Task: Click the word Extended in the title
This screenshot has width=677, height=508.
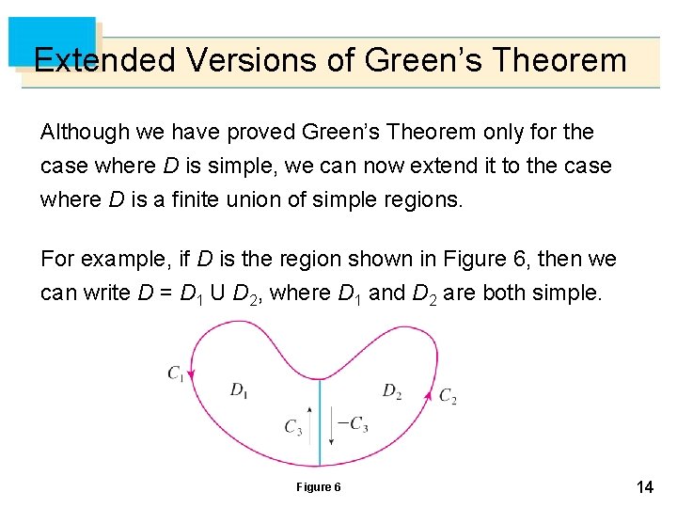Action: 103,60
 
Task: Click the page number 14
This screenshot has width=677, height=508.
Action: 645,487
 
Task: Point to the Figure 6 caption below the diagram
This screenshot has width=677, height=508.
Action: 319,486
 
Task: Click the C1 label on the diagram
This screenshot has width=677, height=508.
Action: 177,374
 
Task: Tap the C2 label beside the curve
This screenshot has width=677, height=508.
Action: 449,396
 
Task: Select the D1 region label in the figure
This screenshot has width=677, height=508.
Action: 239,389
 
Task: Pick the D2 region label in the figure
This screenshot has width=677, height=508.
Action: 392,390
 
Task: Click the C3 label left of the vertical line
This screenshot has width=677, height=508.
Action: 293,427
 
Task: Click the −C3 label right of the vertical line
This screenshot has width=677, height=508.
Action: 352,424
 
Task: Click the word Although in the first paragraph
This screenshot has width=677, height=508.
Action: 80,132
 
